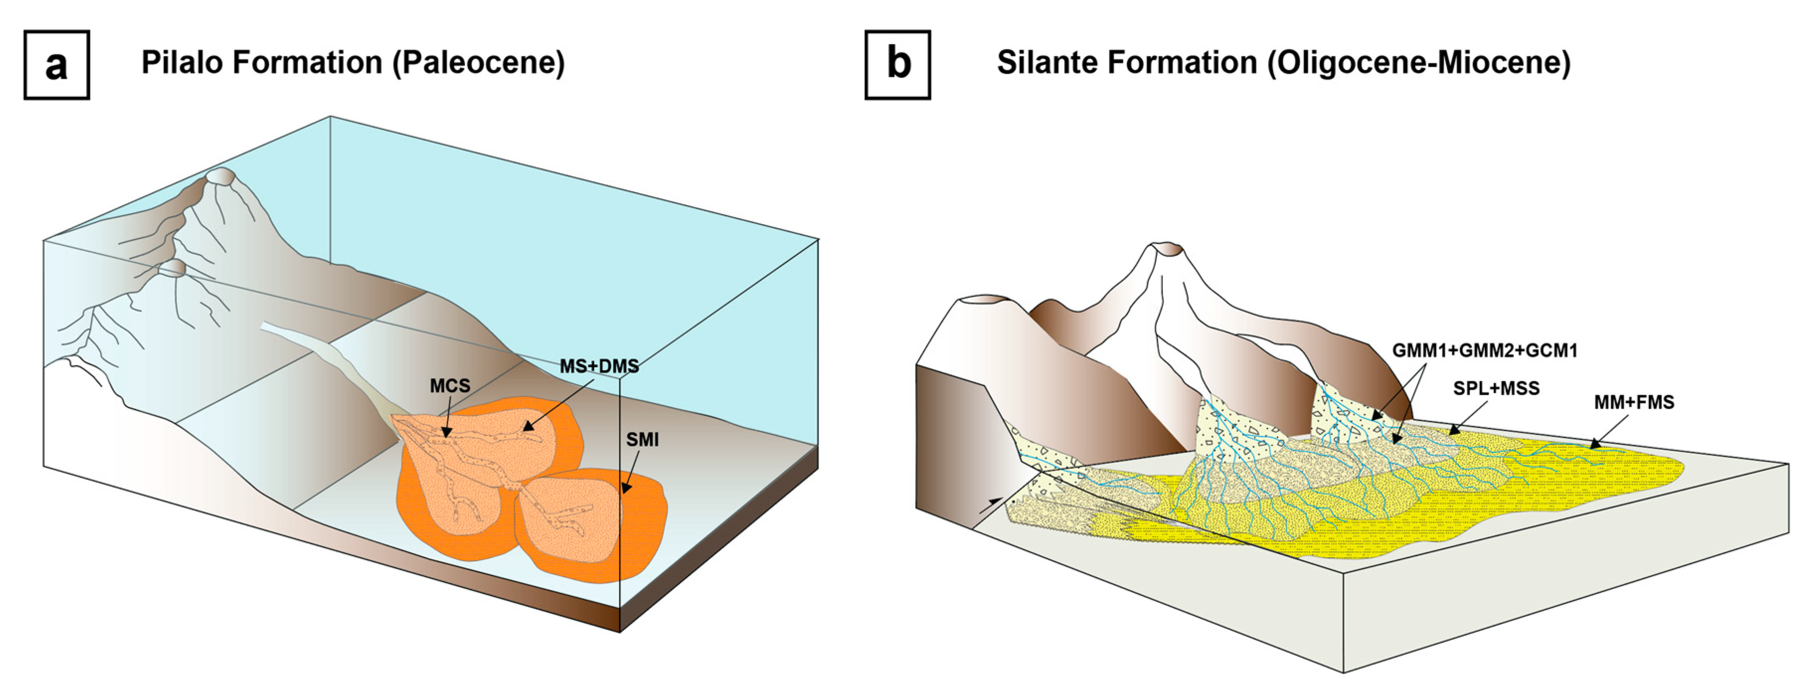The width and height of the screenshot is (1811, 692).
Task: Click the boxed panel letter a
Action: (x=56, y=65)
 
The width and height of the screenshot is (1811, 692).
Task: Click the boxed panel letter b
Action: (x=898, y=65)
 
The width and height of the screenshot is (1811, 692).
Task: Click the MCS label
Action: (x=450, y=386)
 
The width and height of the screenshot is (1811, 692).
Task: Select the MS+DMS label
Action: (x=599, y=366)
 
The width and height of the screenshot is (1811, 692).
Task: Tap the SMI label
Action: (x=643, y=440)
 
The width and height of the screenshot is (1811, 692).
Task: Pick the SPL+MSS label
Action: (x=1496, y=388)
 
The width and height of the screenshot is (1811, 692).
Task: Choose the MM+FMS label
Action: (x=1634, y=402)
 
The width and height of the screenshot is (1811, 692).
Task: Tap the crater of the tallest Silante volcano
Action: (x=1168, y=248)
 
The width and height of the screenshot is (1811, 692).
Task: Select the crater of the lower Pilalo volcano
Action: (x=173, y=267)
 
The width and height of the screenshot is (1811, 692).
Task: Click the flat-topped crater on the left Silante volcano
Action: (x=983, y=302)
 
